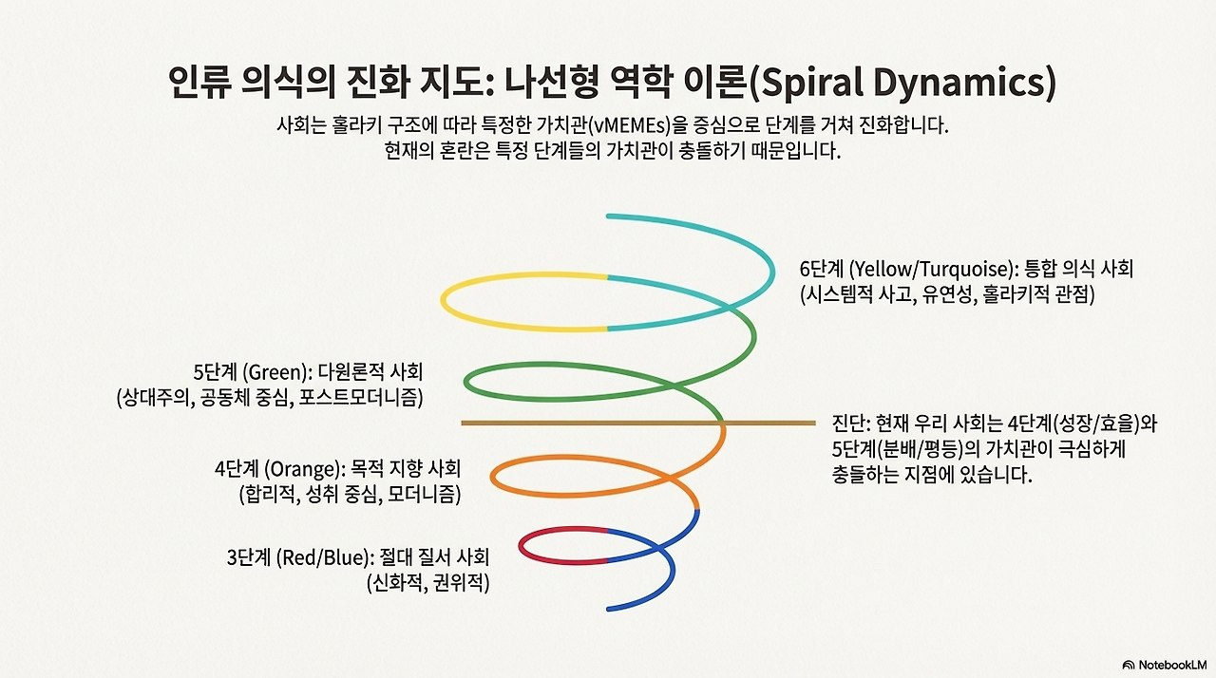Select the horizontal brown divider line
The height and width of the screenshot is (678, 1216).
click(589, 422)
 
